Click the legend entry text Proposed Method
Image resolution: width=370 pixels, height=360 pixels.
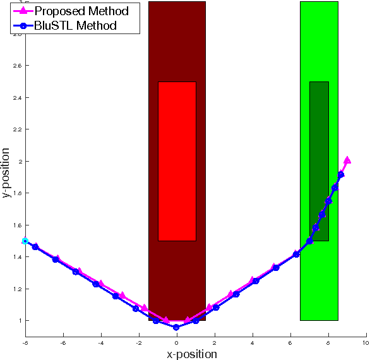coord(82,11)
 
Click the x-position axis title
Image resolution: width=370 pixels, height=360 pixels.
coord(191,354)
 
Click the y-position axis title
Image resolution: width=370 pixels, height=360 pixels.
coord(6,174)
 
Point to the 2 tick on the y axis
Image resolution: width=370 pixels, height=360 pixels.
coord(20,161)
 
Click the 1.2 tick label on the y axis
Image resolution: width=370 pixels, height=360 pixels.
coord(17,289)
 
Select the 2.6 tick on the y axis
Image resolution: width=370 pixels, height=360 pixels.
coord(17,66)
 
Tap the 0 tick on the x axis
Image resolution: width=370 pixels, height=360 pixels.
coord(177,342)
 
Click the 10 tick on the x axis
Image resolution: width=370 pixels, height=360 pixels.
coord(365,342)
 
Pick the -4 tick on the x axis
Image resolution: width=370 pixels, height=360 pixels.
coord(100,342)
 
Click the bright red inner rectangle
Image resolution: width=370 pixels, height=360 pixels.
coord(177,161)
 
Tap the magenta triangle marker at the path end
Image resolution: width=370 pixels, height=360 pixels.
coord(347,160)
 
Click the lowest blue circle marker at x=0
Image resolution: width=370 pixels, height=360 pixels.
coord(176,327)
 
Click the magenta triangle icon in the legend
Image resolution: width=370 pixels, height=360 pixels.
coord(23,11)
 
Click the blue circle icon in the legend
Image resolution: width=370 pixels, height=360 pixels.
coord(23,26)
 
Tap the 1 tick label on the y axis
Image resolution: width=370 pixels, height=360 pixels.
coord(20,320)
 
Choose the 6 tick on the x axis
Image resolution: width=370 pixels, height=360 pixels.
coord(290,342)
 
